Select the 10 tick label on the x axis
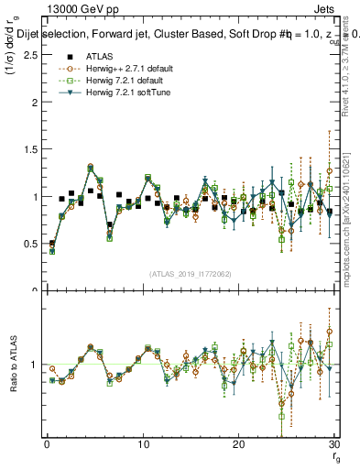point(142,444)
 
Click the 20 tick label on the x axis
point(238,444)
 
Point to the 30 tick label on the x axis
point(333,444)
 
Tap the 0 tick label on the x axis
point(47,444)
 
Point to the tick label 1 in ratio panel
point(34,365)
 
